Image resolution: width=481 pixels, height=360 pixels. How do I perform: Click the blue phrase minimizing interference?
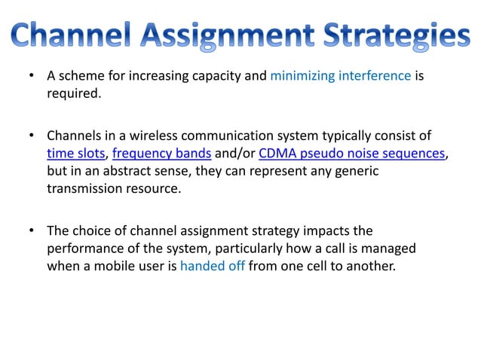point(340,76)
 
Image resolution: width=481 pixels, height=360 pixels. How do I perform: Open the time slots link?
point(75,154)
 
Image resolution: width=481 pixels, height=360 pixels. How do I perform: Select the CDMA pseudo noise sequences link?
point(351,154)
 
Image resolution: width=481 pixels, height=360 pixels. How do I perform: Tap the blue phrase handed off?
point(212,265)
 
